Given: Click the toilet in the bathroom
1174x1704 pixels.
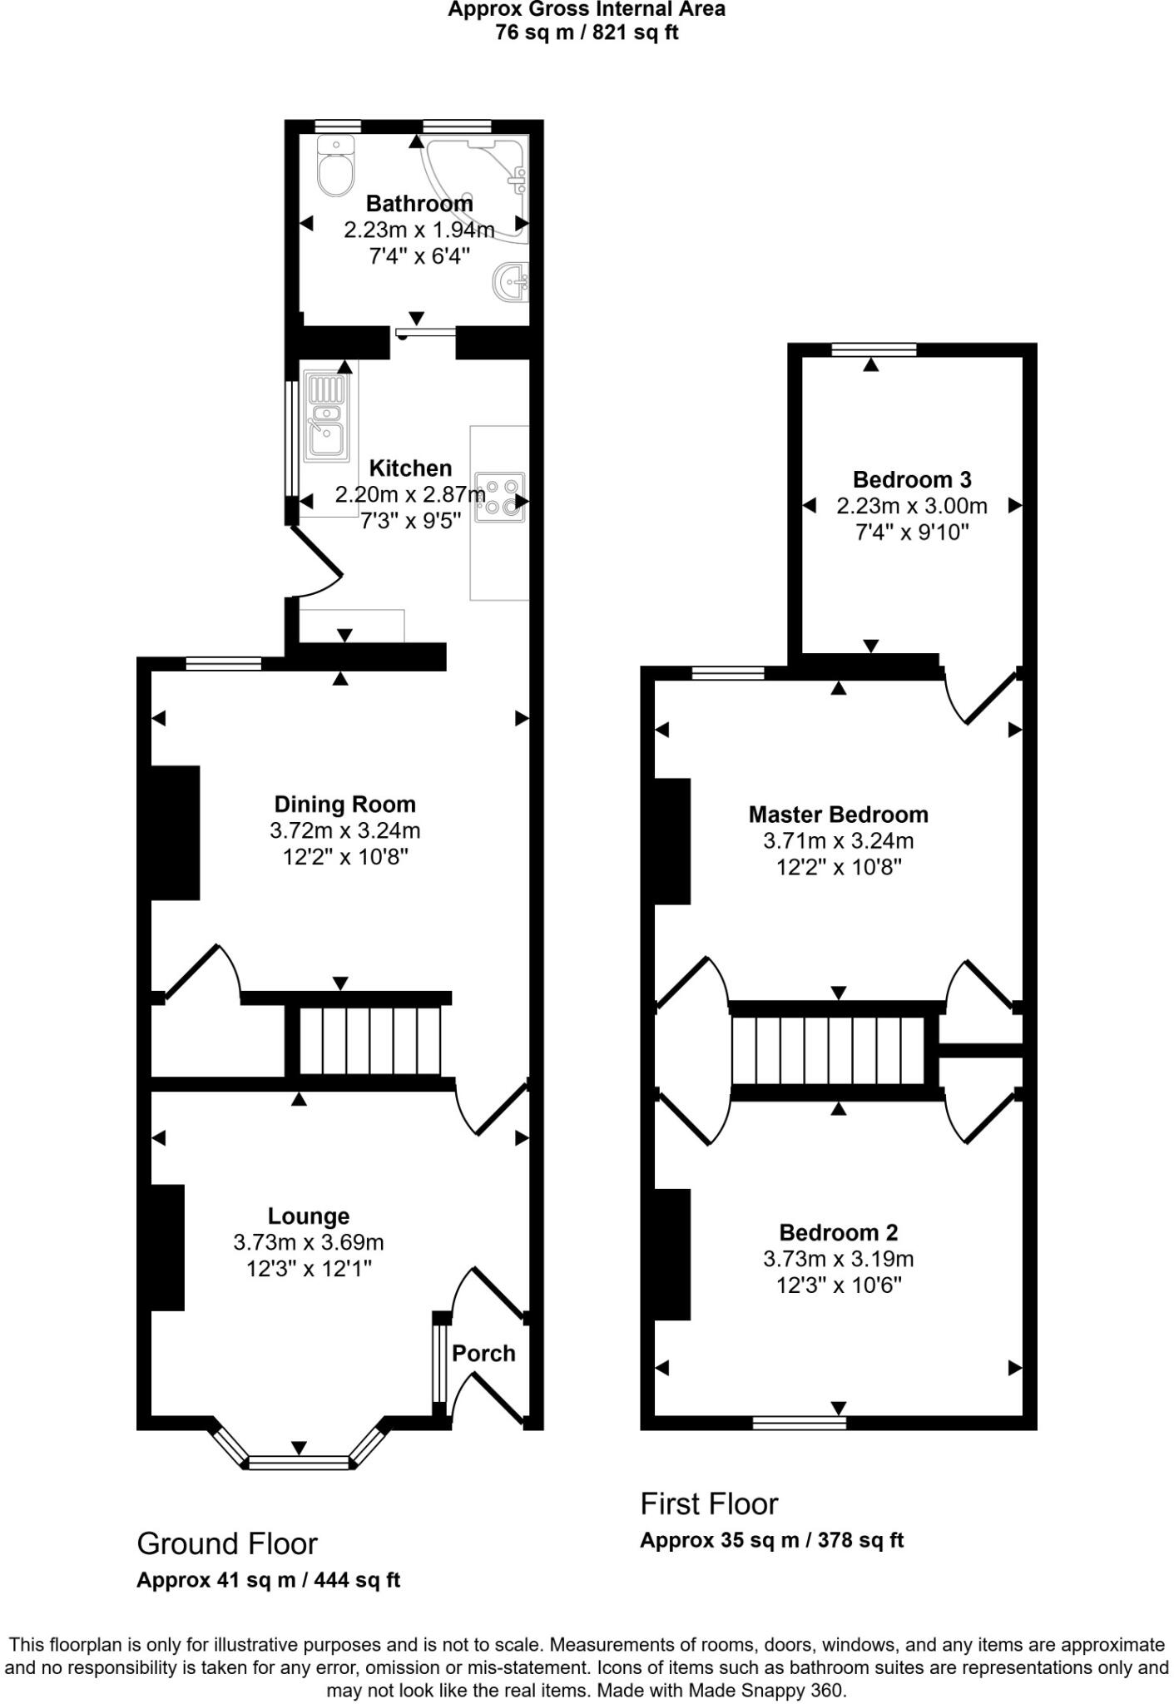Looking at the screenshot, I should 336,169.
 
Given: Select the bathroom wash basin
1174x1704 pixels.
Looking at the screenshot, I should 511,283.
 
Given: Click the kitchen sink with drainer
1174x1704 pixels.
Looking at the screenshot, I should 326,416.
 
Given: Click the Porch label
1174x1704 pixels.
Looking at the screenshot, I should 483,1353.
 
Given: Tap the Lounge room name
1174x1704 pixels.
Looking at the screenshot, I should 308,1216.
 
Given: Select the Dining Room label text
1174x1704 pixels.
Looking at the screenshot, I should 344,804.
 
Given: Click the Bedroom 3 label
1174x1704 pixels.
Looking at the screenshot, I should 912,479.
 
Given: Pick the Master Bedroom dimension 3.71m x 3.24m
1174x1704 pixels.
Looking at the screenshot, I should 838,840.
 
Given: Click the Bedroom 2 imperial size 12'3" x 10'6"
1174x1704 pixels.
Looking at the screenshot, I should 838,1285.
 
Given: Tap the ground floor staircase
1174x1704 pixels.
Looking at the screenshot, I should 369,1041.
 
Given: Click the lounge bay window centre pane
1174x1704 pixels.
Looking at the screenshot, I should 299,1462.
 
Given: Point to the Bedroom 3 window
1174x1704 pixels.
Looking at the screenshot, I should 874,349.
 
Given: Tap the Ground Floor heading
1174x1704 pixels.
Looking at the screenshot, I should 226,1543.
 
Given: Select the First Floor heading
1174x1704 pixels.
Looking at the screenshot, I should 709,1503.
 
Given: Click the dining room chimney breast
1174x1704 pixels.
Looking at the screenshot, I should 175,832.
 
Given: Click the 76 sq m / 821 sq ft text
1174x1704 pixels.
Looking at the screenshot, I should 587,33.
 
